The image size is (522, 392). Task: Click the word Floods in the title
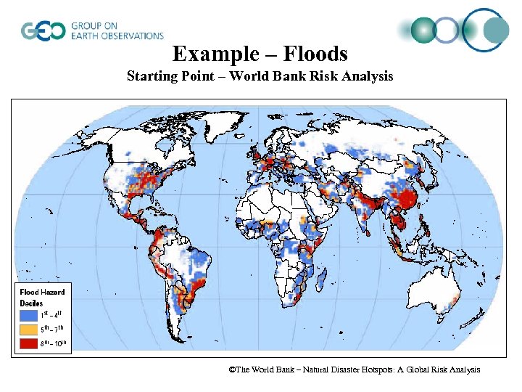(x=317, y=54)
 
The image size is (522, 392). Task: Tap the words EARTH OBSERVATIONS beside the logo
(x=117, y=36)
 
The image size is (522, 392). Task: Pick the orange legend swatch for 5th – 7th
(x=29, y=329)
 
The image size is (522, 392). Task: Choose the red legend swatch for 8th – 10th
(x=29, y=343)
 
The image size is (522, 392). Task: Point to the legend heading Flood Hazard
(x=42, y=292)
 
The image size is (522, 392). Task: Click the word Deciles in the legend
(x=32, y=303)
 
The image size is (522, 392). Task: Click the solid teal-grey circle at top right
(x=496, y=30)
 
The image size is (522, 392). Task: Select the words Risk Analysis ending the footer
(x=456, y=370)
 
